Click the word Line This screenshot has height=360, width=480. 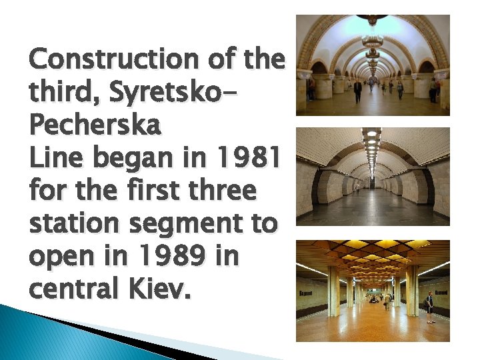pos(50,159)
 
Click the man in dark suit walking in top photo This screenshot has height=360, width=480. pos(358,90)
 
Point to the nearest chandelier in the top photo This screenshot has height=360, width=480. pos(372,20)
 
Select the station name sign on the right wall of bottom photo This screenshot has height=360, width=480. pos(441,292)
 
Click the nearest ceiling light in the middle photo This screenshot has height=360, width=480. pos(372,133)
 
